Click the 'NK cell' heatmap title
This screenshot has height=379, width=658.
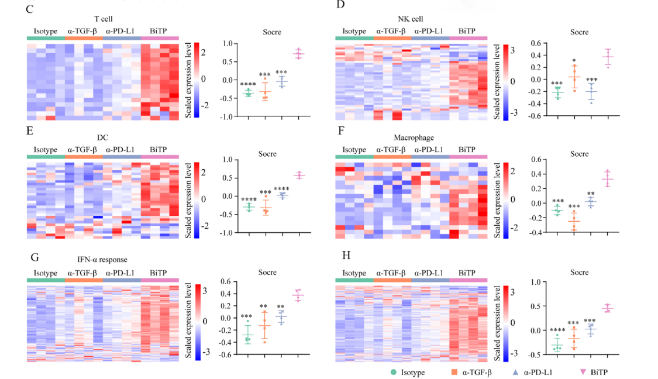pyautogui.click(x=411, y=19)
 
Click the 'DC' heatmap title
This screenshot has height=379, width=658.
pyautogui.click(x=103, y=137)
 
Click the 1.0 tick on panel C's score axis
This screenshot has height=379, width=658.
pyautogui.click(x=228, y=43)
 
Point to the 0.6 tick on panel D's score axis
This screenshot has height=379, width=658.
pyautogui.click(x=533, y=43)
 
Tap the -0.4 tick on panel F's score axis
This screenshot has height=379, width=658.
pyautogui.click(x=533, y=233)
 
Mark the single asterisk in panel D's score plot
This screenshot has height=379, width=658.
pyautogui.click(x=574, y=61)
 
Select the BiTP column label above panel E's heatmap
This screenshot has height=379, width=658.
pyautogui.click(x=157, y=150)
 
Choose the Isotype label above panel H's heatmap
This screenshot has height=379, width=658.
pyautogui.click(x=354, y=273)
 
